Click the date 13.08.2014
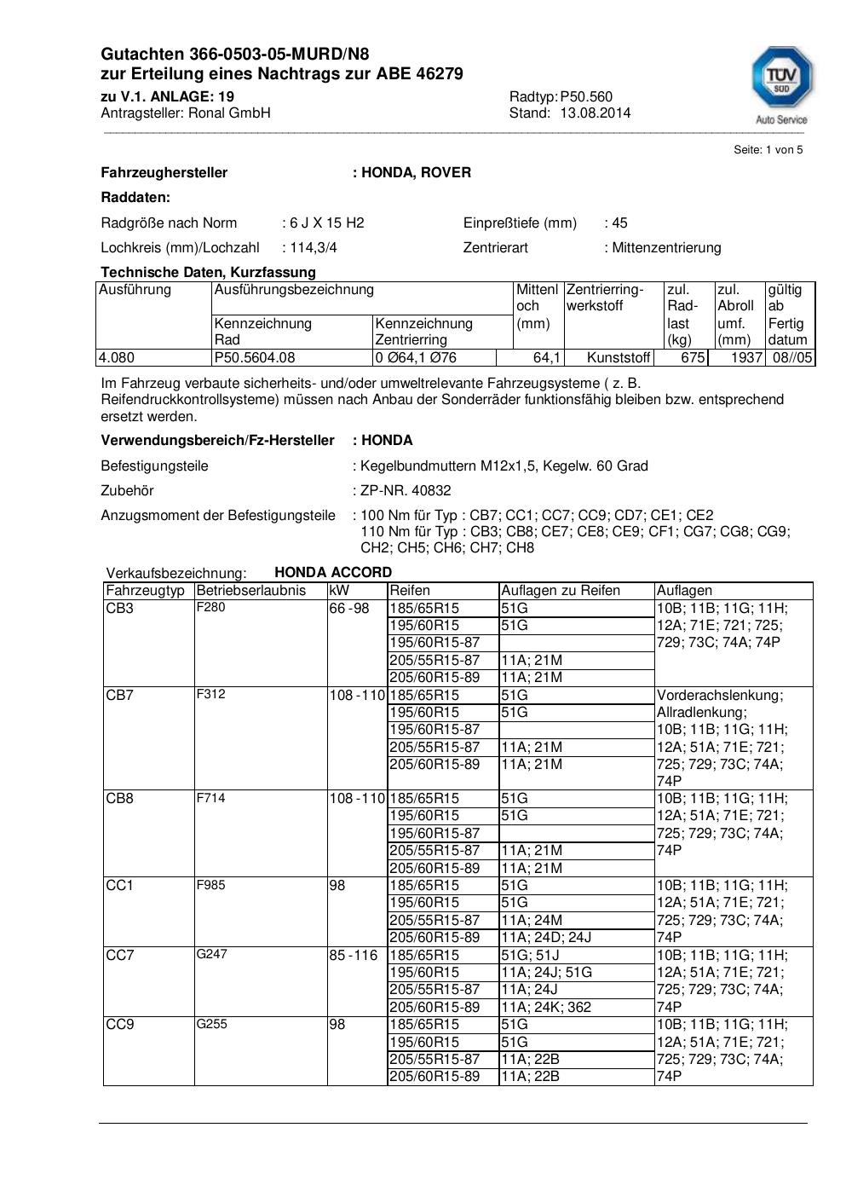click(595, 113)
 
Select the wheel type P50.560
click(586, 96)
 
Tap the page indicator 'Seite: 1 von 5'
click(768, 149)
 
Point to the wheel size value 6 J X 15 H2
click(326, 223)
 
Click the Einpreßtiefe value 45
click(619, 223)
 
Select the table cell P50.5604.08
click(255, 357)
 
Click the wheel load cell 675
click(693, 357)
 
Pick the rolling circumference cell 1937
click(745, 357)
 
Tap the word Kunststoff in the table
click(619, 357)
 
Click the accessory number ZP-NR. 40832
click(406, 490)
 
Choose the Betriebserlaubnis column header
click(250, 590)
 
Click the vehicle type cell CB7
click(119, 695)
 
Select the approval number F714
click(210, 798)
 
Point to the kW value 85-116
click(353, 955)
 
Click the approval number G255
click(211, 1024)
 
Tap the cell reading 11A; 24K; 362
click(545, 1007)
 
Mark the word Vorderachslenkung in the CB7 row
click(719, 695)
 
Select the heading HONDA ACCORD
click(333, 572)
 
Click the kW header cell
click(338, 590)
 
